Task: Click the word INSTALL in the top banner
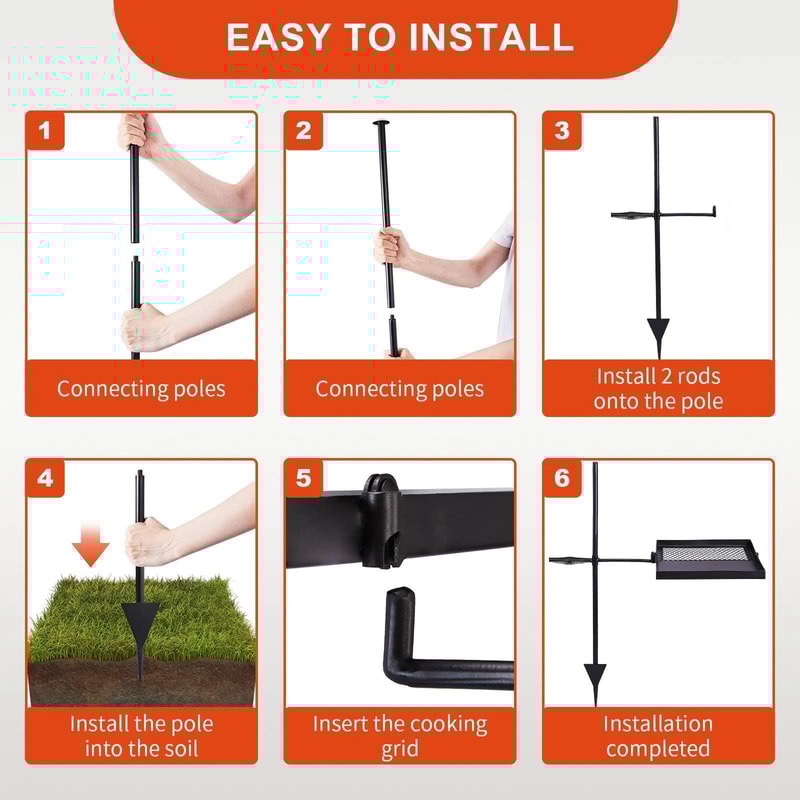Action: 491,37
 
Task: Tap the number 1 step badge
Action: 45,131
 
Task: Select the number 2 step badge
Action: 304,131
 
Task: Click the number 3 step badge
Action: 562,131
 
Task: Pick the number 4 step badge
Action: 45,478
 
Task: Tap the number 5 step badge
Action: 304,478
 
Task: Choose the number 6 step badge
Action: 562,478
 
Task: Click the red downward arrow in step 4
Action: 91,544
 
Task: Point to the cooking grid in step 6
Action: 708,559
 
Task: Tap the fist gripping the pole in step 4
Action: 146,542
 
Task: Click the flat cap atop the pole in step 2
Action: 381,123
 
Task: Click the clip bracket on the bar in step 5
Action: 382,520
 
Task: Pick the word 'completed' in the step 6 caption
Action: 658,749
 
